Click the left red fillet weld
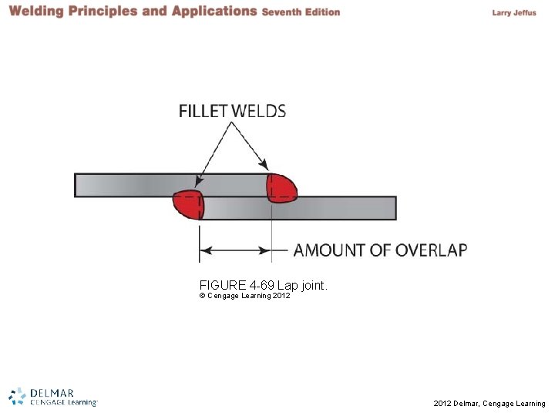click(187, 204)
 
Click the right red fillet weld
click(281, 187)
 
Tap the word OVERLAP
click(431, 250)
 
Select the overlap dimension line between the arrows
click(235, 250)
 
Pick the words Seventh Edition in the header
click(301, 12)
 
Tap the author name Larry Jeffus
click(513, 12)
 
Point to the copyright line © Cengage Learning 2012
click(244, 296)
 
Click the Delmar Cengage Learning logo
click(52, 396)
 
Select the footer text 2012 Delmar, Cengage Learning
click(489, 403)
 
